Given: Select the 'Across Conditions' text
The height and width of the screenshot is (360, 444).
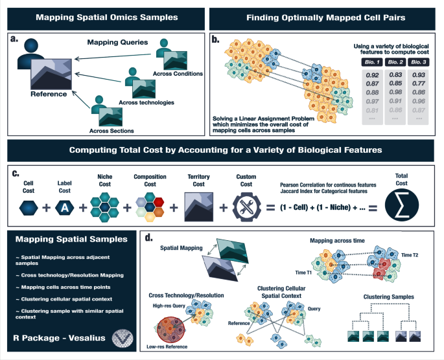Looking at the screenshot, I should pos(180,74).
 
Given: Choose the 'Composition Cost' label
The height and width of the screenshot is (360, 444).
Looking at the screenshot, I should pos(150,179).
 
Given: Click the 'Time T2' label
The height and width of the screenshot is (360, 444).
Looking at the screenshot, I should pos(419,256).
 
